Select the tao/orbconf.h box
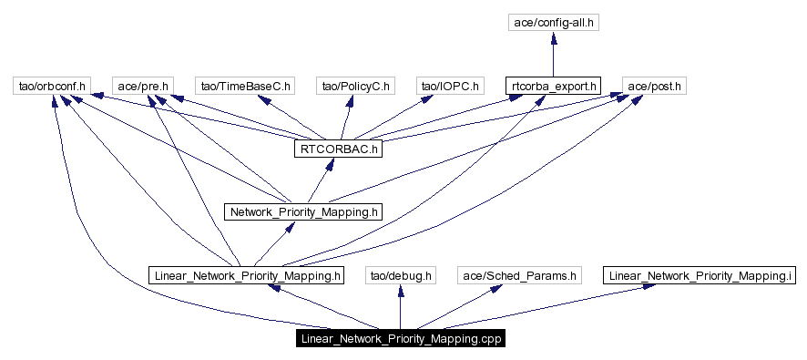pos(52,87)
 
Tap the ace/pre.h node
pos(141,87)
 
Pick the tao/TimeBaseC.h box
pos(245,87)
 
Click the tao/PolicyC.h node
pos(355,87)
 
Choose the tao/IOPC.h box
pos(448,87)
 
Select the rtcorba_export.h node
pos(553,87)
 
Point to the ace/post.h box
pos(654,87)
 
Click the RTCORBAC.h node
pos(336,149)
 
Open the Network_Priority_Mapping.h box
pos(303,211)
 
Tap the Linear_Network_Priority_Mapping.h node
pos(248,274)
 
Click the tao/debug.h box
pos(401,274)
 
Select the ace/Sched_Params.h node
pos(519,274)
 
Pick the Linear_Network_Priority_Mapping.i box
pos(700,274)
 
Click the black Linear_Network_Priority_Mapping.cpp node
pos(400,338)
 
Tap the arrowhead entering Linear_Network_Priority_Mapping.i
pos(647,287)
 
